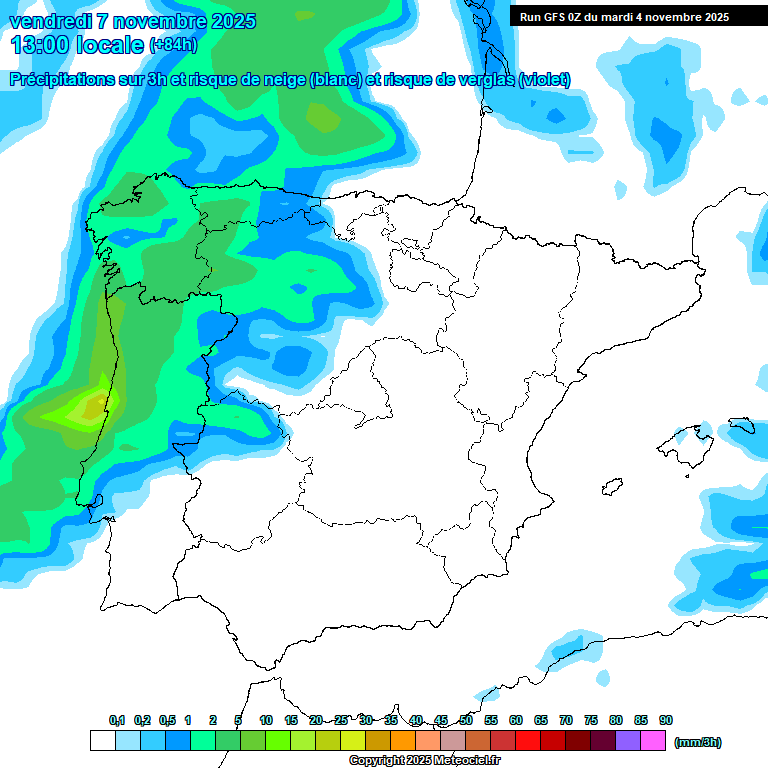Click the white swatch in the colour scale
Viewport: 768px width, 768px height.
click(x=102, y=741)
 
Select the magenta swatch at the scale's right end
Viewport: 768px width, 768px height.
click(x=653, y=741)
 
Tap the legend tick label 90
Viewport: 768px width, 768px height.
click(x=666, y=720)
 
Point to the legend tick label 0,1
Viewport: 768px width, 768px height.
click(x=117, y=720)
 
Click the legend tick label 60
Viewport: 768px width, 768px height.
click(x=516, y=720)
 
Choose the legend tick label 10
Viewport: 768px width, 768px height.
click(x=266, y=720)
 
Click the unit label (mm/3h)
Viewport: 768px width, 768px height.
click(x=697, y=742)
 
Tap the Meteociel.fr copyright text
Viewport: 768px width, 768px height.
click(x=424, y=761)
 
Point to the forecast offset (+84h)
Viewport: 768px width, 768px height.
click(x=173, y=45)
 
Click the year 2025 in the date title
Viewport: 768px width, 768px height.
click(x=226, y=21)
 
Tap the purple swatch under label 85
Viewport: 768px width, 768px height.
click(x=628, y=741)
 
